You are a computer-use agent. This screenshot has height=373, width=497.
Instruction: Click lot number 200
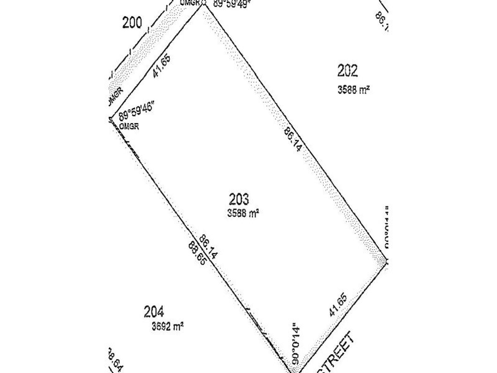click(x=132, y=23)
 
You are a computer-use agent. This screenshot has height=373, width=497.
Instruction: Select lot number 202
click(x=347, y=71)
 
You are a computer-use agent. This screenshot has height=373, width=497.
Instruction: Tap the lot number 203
click(x=239, y=199)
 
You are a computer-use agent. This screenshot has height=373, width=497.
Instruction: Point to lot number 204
click(x=154, y=312)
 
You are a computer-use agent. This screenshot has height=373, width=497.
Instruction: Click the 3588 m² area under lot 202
click(x=353, y=90)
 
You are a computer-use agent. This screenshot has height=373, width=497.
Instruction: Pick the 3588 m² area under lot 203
click(x=243, y=213)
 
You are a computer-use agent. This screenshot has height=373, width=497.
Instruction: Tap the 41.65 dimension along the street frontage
click(x=338, y=305)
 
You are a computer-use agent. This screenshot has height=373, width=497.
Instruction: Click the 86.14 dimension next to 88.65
click(x=208, y=247)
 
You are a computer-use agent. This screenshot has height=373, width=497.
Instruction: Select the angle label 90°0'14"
click(x=296, y=343)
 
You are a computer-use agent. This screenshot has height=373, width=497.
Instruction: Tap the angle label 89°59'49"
click(x=230, y=4)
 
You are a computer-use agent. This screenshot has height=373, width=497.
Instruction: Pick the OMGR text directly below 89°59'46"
click(x=129, y=126)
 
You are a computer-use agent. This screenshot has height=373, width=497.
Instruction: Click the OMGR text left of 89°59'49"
click(x=190, y=3)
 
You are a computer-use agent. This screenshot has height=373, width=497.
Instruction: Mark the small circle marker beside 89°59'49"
click(x=204, y=3)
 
